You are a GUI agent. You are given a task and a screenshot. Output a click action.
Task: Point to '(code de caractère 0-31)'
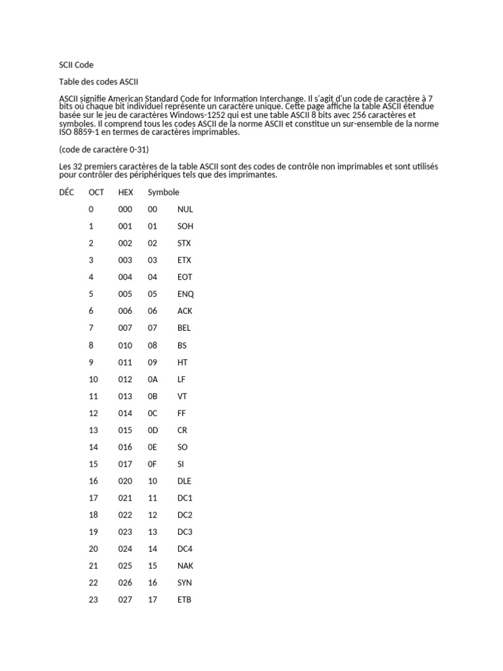(x=103, y=149)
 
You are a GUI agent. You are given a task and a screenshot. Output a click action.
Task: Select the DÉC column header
(x=66, y=193)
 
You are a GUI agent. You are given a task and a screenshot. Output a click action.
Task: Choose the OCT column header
(x=96, y=193)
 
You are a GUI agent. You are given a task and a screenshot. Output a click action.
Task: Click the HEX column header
(x=125, y=193)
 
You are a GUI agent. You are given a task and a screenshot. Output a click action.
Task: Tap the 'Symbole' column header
(x=163, y=193)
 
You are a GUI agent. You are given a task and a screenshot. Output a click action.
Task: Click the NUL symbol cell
(x=185, y=210)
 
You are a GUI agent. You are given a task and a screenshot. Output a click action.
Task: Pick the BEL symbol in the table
(x=184, y=328)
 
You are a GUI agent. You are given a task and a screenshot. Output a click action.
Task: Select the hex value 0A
(x=153, y=379)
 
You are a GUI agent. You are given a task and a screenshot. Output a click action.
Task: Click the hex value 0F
(x=153, y=464)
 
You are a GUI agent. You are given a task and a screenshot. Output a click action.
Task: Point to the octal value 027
(x=125, y=600)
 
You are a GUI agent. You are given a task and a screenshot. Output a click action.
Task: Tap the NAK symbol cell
(x=185, y=566)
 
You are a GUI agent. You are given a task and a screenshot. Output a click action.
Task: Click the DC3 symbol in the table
(x=185, y=532)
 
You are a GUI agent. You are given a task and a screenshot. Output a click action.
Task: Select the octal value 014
(x=125, y=413)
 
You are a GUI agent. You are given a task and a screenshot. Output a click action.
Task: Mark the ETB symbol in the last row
(x=184, y=600)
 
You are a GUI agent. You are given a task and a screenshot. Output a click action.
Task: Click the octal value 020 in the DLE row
(x=125, y=481)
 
